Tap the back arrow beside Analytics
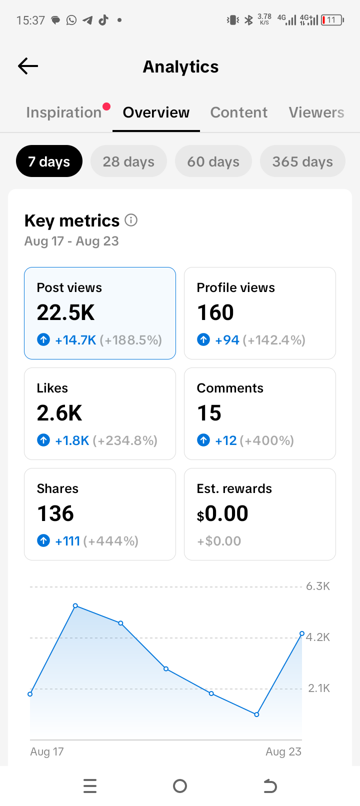point(28,66)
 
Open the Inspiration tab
point(63,112)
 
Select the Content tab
point(238,112)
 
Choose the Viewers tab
point(316,112)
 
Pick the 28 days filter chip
point(128,161)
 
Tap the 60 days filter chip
point(213,161)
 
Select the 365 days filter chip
point(302,161)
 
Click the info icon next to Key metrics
point(131,220)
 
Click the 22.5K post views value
point(65,312)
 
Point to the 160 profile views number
point(215,312)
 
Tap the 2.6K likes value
point(59,412)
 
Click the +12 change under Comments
point(225,440)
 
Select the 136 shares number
point(55,513)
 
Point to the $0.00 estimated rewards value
point(222,513)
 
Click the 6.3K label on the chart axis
point(318,586)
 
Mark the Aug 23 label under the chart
point(283,751)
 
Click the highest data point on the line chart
point(75,606)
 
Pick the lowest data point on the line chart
point(256,714)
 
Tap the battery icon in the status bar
point(332,20)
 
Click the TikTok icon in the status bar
point(103,20)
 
